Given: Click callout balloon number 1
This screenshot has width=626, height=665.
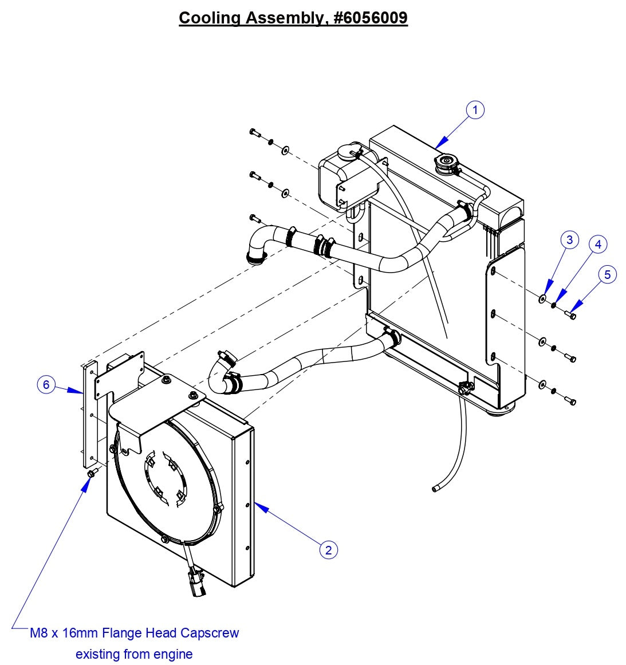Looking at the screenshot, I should click(x=475, y=110).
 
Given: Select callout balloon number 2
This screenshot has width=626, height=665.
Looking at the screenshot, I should click(x=328, y=550).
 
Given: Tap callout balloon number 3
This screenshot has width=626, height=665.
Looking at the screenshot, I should click(x=569, y=239).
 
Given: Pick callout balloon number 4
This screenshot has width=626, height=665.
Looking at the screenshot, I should click(x=597, y=245).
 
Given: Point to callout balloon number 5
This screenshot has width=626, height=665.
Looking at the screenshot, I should click(x=607, y=274).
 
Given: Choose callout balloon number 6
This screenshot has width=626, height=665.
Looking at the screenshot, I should click(x=46, y=384).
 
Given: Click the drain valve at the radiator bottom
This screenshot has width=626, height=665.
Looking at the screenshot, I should click(x=464, y=388).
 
